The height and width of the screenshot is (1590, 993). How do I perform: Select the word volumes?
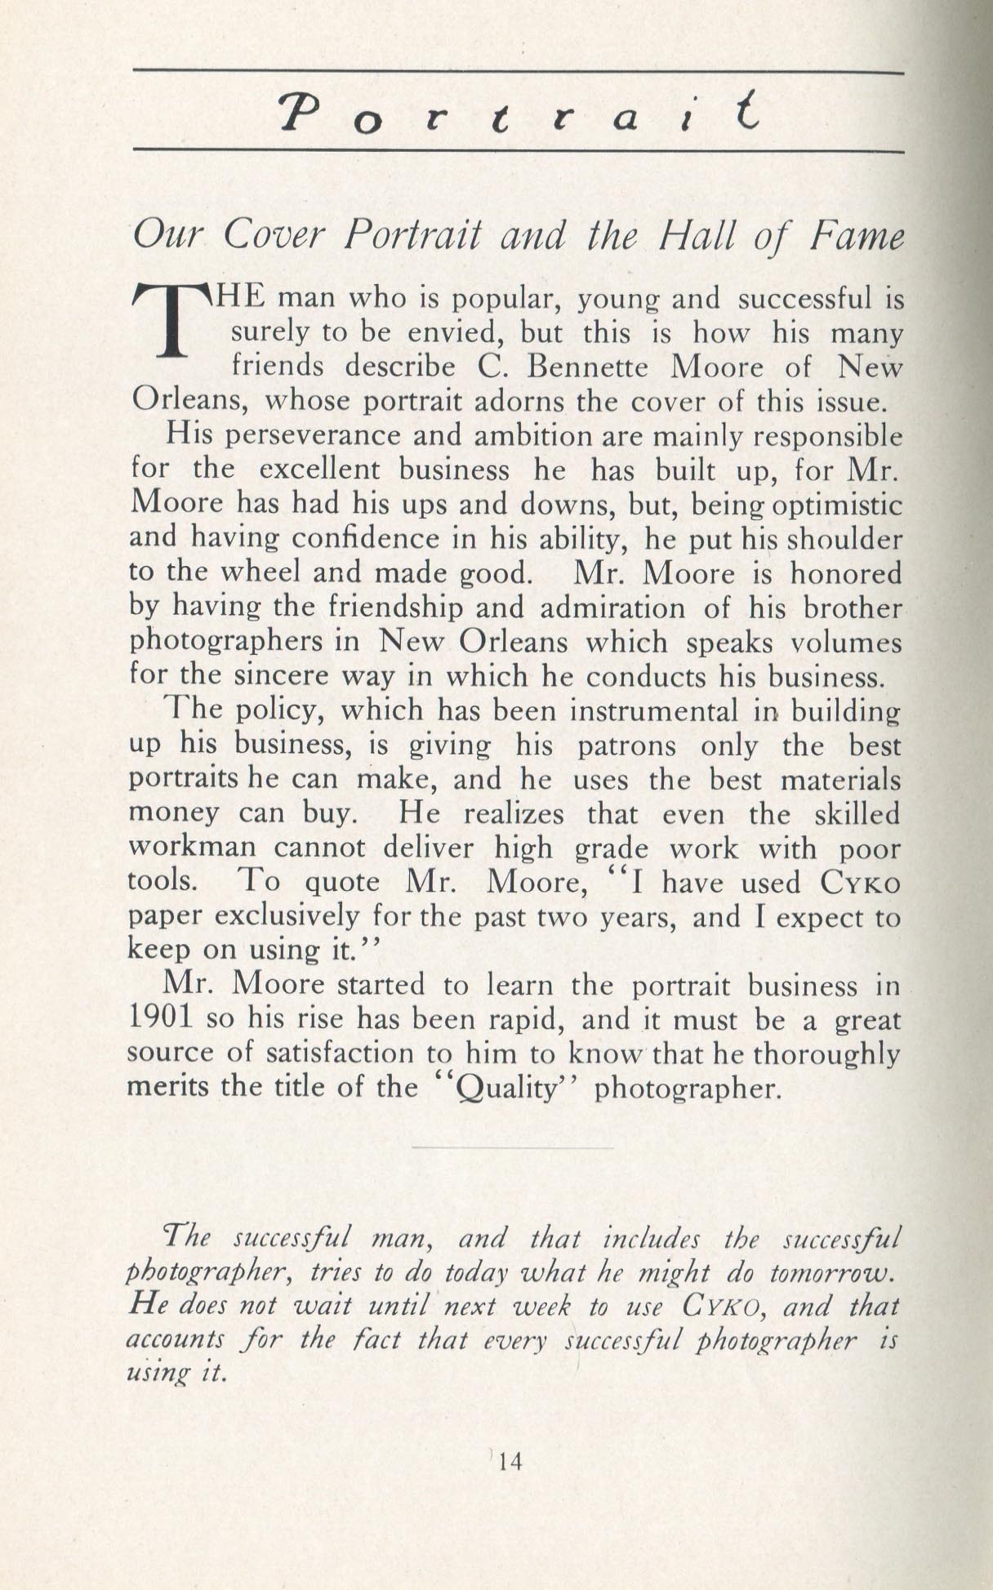[846, 643]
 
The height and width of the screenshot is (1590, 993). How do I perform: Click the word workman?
[194, 848]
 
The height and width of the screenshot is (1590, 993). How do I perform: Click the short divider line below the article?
[512, 1148]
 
